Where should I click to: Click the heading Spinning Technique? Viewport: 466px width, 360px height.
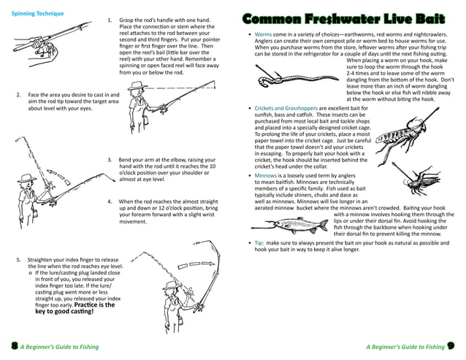[x=38, y=13]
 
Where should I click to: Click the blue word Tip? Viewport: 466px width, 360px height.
[x=259, y=242]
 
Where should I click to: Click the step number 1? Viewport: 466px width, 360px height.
[x=110, y=20]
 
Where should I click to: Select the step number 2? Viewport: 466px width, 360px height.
[x=18, y=95]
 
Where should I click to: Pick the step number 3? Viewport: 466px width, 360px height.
[x=110, y=159]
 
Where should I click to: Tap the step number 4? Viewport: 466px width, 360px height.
[x=110, y=201]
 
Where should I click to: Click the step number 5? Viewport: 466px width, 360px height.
[x=18, y=260]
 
